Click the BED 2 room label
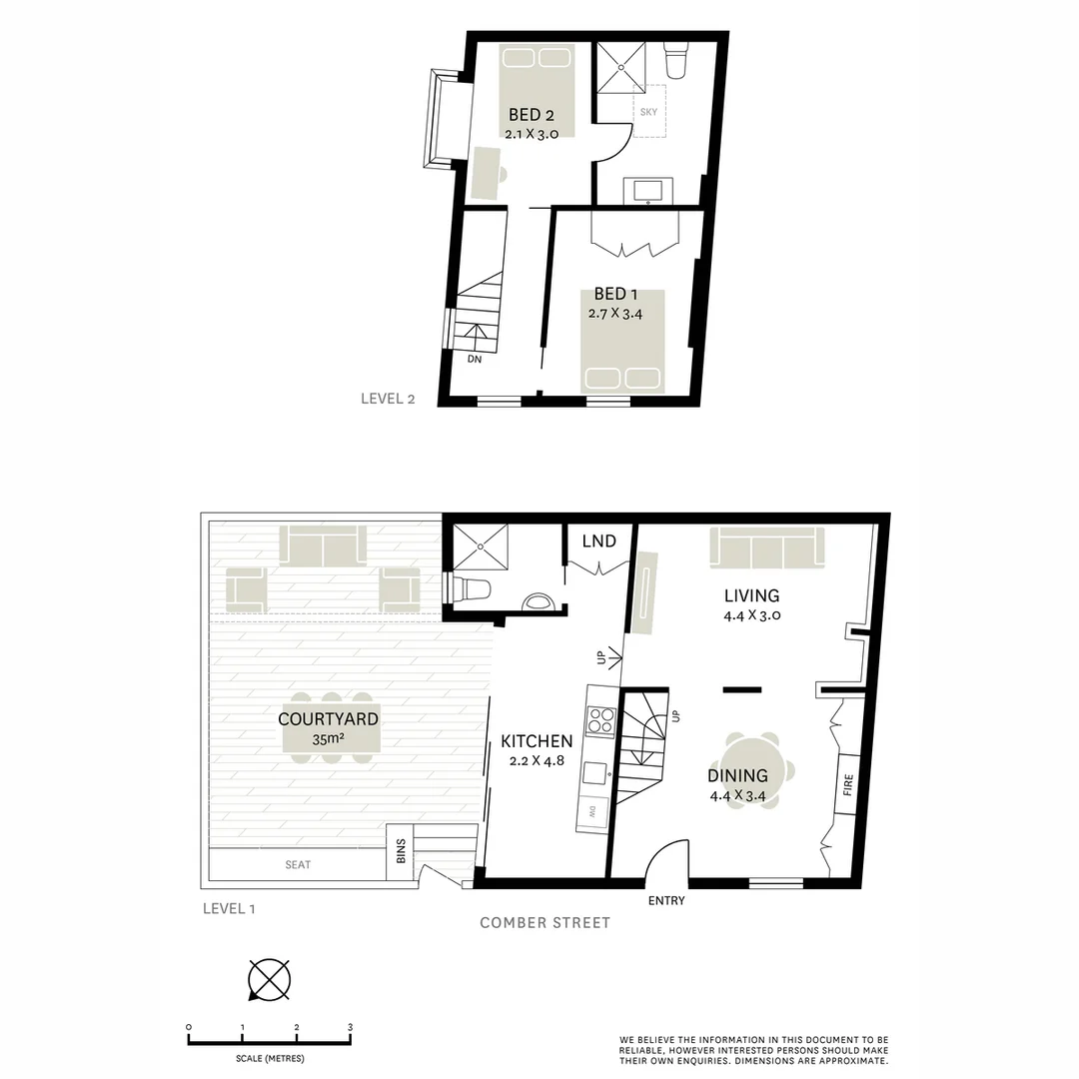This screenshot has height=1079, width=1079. (524, 114)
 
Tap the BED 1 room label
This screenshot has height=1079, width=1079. (615, 294)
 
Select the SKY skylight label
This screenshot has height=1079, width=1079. (648, 112)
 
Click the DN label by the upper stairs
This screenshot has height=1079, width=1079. (475, 360)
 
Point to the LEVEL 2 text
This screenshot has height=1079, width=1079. (388, 399)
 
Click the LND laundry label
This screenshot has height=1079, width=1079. (598, 540)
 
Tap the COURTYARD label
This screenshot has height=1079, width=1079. (328, 719)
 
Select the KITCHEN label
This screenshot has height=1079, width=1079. (537, 741)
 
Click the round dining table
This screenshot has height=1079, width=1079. (754, 771)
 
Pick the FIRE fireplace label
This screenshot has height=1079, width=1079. (846, 786)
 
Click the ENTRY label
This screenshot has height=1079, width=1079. (666, 900)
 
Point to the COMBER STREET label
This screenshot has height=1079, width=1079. (544, 923)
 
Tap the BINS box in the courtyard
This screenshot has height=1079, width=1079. (401, 852)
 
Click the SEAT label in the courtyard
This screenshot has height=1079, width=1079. (298, 864)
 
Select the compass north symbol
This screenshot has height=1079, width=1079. (269, 979)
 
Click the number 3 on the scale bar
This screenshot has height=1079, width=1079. (350, 1026)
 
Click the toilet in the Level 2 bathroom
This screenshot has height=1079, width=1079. (676, 63)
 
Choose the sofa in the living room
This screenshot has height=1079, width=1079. (767, 546)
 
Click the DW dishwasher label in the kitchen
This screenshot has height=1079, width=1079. (591, 810)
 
